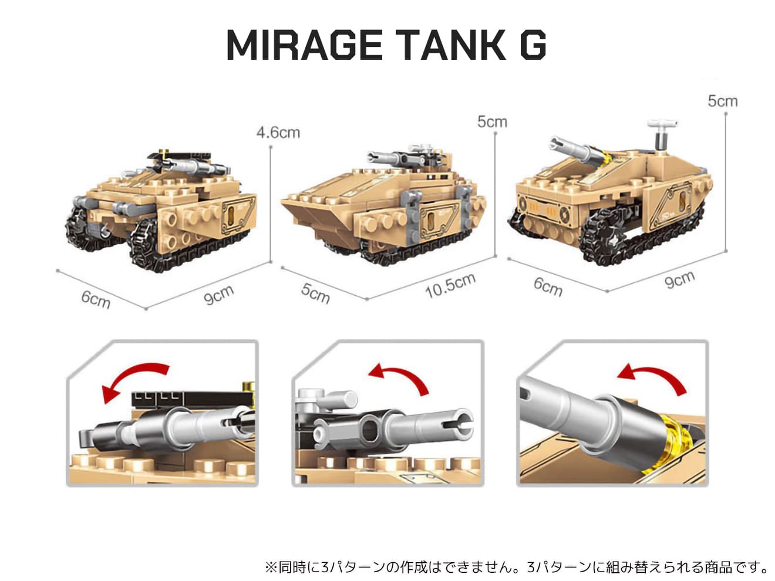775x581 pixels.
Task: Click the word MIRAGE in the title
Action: pyautogui.click(x=304, y=45)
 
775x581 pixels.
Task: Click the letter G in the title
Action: pyautogui.click(x=533, y=45)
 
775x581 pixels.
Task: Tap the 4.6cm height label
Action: pyautogui.click(x=278, y=133)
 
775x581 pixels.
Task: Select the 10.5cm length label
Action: pyautogui.click(x=451, y=285)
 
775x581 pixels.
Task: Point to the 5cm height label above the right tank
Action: pyautogui.click(x=722, y=102)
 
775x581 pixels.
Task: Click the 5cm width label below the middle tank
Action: pyautogui.click(x=315, y=293)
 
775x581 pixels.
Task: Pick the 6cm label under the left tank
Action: pyautogui.click(x=96, y=299)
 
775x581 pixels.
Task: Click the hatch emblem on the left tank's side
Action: pyautogui.click(x=238, y=214)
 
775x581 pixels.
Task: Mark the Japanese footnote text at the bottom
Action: pyautogui.click(x=516, y=567)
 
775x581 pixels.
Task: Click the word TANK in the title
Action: pyautogui.click(x=450, y=45)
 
